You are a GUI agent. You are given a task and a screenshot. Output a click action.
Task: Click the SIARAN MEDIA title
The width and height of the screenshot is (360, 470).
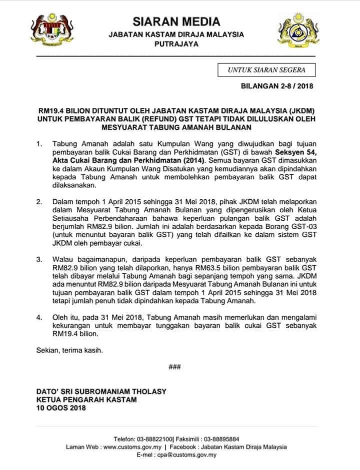(176, 21)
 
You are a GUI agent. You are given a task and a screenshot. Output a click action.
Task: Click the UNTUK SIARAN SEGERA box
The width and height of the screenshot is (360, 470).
(266, 70)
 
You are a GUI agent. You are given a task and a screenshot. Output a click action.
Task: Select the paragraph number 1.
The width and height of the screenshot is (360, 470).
(39, 143)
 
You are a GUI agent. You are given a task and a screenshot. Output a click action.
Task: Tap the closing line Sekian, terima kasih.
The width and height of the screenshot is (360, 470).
(69, 350)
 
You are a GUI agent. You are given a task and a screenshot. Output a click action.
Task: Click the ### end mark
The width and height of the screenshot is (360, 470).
(174, 367)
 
